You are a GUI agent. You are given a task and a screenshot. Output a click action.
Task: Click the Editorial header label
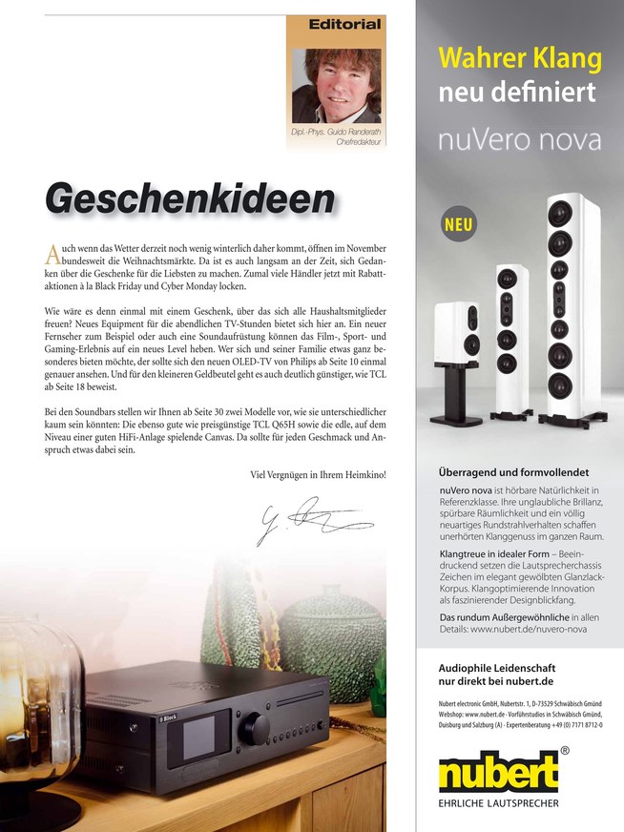pos(344,24)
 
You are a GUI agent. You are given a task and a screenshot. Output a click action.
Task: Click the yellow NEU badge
pos(459,226)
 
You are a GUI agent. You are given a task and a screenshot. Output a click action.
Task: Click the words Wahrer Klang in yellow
pos(520,59)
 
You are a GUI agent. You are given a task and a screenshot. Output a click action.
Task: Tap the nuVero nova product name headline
pos(520,141)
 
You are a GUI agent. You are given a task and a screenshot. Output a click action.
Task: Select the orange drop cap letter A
pos(52,255)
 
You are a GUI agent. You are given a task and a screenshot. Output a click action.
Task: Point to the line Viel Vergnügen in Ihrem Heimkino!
pos(318,474)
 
